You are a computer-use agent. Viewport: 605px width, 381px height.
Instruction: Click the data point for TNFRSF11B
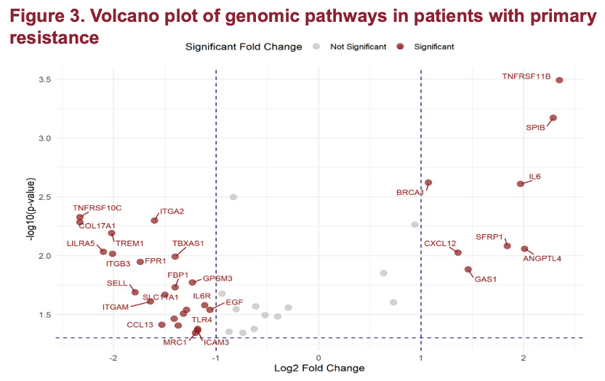[559, 80]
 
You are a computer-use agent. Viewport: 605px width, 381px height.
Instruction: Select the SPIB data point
[553, 118]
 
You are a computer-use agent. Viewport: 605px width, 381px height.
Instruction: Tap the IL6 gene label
[534, 177]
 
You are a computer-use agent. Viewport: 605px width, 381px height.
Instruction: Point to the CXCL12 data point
[458, 252]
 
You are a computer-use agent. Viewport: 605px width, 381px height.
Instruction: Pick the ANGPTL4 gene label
[542, 259]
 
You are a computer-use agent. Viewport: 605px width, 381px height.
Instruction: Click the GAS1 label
[485, 278]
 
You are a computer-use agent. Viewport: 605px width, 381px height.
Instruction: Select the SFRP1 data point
[508, 246]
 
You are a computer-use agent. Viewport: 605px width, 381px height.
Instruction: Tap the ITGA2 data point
[154, 220]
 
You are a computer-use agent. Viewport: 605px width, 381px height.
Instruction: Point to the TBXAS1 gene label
[188, 244]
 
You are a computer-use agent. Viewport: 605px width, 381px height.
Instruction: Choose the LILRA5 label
[81, 244]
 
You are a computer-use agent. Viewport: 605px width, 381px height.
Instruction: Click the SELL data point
[135, 292]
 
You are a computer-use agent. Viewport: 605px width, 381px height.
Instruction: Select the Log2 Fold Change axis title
[319, 368]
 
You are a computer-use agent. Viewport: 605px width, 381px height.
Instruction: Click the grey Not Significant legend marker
[316, 47]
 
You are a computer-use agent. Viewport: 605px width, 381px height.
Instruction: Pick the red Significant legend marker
[400, 47]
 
